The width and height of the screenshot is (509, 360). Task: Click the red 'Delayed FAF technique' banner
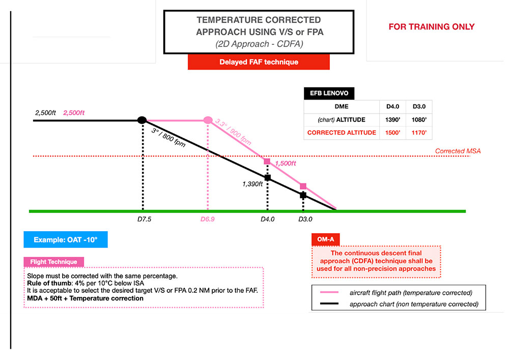259,62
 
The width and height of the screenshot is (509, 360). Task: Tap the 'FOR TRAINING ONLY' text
431,27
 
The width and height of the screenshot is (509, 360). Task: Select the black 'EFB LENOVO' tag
329,94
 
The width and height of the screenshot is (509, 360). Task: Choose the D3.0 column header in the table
418,107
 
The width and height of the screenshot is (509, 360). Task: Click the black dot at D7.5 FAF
143,120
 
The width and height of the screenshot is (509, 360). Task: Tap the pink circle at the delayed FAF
208,120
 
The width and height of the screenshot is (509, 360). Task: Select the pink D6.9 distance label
207,219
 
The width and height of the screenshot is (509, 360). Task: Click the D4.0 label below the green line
268,219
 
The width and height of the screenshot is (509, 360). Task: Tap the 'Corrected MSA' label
458,151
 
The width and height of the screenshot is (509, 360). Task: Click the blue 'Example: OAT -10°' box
66,239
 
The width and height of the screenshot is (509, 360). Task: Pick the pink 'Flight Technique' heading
53,262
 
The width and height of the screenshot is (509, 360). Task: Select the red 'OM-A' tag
325,239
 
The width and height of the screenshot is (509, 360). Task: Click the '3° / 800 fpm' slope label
168,138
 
